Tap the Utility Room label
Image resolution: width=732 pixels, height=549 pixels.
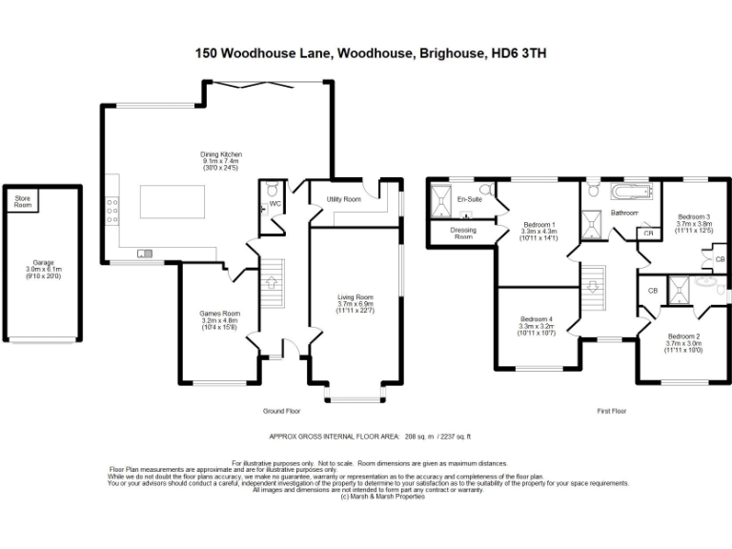343,199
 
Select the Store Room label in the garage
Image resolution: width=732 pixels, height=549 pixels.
22,202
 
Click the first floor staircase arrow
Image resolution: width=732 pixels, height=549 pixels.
596,285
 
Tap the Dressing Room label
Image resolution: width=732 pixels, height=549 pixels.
463,233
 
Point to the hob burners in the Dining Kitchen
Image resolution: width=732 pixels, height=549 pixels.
113,211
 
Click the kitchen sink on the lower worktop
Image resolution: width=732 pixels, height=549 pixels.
146,253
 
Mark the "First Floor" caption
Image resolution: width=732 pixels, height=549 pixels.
611,411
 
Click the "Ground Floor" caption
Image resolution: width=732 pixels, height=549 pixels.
281,411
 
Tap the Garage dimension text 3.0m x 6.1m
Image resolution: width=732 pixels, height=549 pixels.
43,270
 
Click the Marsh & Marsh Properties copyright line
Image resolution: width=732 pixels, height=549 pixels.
381,497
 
